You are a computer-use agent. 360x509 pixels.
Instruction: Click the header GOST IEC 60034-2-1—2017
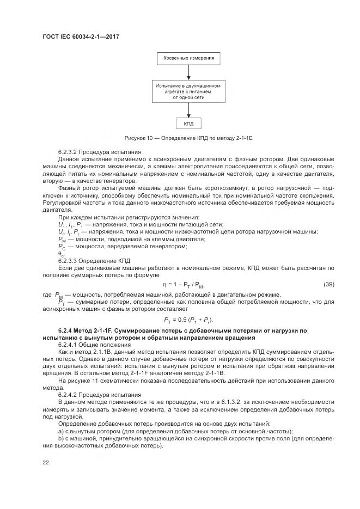[x=80, y=36]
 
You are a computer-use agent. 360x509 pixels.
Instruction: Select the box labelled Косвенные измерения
[x=188, y=58]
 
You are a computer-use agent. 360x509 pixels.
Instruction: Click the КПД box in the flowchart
[x=188, y=124]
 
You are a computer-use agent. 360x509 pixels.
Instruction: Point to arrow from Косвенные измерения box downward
[x=188, y=72]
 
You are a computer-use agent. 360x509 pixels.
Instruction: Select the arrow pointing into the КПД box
[x=188, y=111]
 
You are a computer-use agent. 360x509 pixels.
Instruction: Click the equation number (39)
[x=328, y=284]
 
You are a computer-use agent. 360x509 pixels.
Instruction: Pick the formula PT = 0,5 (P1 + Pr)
[x=188, y=319]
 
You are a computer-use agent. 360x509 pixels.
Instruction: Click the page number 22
[x=46, y=463]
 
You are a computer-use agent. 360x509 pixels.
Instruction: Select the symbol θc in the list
[x=61, y=254]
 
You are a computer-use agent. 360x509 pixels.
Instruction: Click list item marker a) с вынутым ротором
[x=61, y=430]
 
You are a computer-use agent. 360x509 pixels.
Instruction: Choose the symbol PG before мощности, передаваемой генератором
[x=62, y=247]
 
